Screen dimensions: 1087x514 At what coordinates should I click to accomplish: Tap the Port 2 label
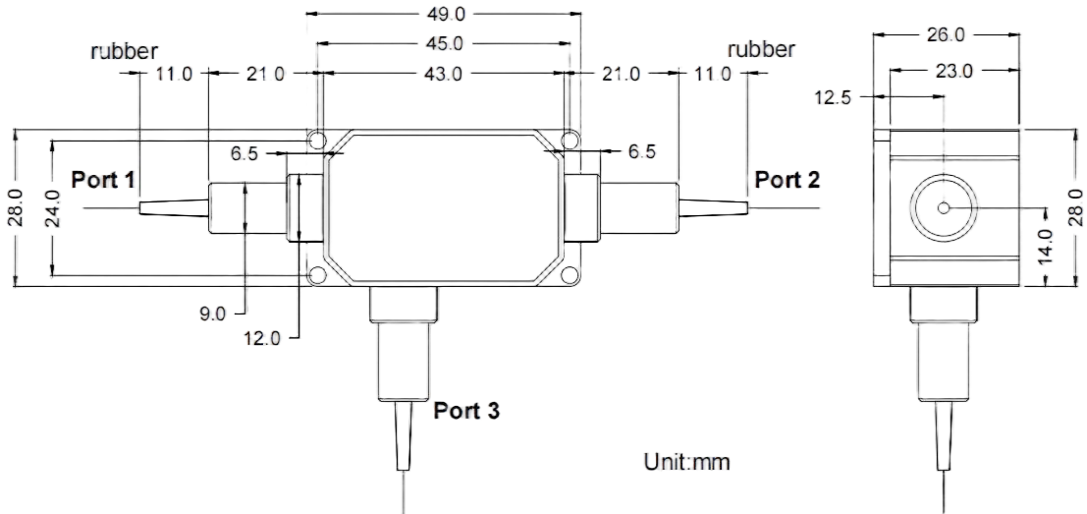[x=787, y=181]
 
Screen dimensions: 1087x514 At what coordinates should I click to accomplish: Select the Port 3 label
[x=466, y=411]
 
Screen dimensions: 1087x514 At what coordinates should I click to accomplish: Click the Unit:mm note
[x=687, y=462]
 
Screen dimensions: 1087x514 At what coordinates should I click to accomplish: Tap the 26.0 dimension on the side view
[x=947, y=34]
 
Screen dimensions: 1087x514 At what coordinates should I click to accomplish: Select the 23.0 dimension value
[x=953, y=71]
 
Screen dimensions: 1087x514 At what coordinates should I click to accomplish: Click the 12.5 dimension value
[x=836, y=97]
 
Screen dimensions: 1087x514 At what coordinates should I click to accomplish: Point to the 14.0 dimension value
[x=1045, y=246]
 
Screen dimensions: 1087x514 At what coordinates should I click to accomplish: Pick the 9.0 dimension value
[x=213, y=314]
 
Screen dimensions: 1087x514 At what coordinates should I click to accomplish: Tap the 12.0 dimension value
[x=262, y=338]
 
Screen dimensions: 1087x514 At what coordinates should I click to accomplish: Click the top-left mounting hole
[x=317, y=141]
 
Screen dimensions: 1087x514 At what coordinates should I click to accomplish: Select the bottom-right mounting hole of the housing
[x=570, y=275]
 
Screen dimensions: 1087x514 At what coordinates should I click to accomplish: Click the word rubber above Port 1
[x=124, y=51]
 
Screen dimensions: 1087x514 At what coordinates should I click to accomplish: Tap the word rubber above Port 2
[x=762, y=50]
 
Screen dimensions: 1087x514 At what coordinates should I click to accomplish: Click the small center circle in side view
[x=944, y=208]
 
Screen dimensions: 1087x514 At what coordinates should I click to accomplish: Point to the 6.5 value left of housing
[x=245, y=153]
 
